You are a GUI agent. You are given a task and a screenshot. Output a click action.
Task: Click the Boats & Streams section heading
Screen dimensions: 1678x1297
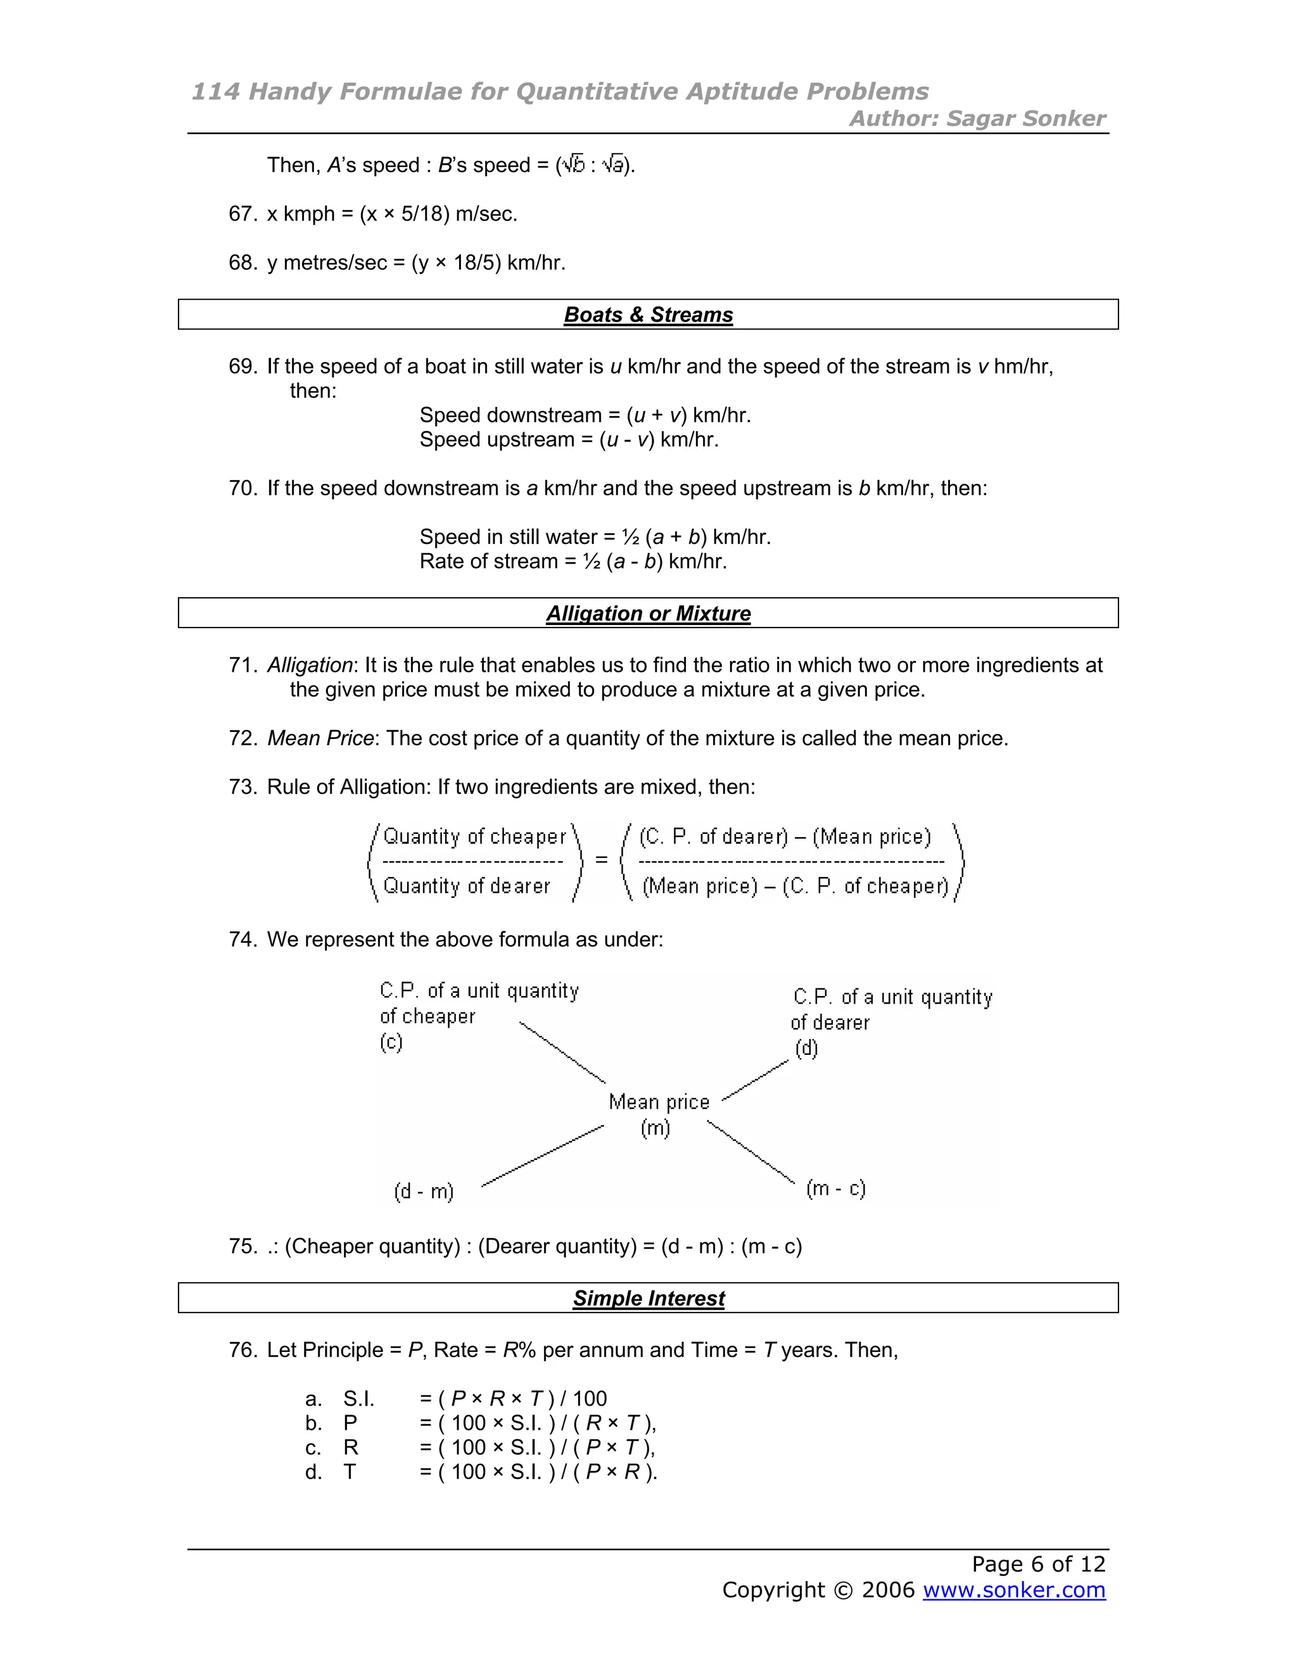point(648,315)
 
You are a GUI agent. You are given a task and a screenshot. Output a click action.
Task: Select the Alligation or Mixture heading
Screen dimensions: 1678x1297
point(648,613)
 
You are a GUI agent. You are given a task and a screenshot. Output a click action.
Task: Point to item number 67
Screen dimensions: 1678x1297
point(242,213)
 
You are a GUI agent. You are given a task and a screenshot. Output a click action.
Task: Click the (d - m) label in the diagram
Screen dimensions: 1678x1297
point(424,1191)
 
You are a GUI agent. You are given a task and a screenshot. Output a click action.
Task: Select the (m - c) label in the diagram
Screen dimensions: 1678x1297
point(835,1188)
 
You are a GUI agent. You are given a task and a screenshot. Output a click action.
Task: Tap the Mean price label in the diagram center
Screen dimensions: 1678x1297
point(659,1102)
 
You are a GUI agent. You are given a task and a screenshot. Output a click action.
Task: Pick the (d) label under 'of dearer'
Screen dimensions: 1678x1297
point(806,1048)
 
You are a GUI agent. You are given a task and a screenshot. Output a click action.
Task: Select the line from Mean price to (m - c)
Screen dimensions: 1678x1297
point(750,1151)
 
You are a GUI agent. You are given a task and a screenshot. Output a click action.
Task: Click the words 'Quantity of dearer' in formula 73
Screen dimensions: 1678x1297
point(466,886)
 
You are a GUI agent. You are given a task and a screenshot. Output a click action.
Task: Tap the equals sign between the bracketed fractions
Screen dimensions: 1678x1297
point(601,860)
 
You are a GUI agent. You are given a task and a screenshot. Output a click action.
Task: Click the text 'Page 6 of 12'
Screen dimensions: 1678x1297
point(1037,1563)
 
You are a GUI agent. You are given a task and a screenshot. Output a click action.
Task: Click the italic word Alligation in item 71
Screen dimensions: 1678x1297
point(310,665)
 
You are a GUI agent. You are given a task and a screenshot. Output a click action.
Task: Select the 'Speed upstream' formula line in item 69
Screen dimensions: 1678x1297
point(569,439)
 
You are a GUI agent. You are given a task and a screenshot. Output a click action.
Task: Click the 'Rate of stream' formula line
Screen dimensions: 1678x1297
point(573,561)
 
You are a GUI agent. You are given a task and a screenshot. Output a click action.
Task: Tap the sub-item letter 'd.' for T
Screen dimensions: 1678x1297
point(313,1472)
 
